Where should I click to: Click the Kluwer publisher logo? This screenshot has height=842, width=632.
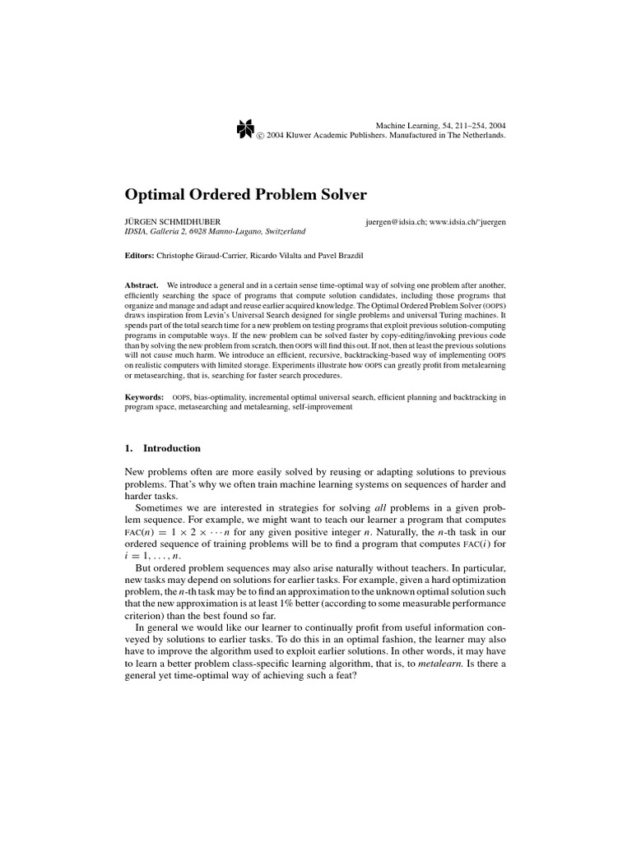[x=244, y=127]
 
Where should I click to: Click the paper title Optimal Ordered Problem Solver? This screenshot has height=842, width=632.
[x=245, y=194]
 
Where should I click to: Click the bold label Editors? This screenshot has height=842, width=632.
[x=142, y=257]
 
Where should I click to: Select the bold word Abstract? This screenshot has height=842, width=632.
[x=142, y=284]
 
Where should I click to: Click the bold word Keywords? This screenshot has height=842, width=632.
[x=145, y=397]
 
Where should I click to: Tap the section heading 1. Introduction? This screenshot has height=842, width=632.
[x=162, y=448]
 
